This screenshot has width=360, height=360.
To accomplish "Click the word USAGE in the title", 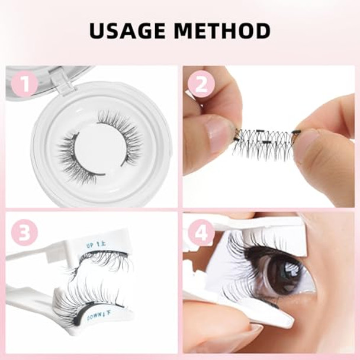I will [x=126, y=30].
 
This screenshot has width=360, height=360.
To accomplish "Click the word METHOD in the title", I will [x=223, y=30].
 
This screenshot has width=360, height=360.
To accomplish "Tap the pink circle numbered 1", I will [x=24, y=84].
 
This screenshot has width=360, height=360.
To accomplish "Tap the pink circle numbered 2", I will [x=201, y=84].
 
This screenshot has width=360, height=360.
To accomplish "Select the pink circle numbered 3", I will [x=24, y=232].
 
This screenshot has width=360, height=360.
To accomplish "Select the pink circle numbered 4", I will [x=201, y=232].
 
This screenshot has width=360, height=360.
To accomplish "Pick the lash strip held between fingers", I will [x=263, y=143].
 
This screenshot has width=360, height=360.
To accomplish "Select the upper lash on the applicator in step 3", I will [x=98, y=261].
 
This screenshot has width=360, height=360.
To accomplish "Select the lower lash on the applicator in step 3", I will [x=83, y=296].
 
